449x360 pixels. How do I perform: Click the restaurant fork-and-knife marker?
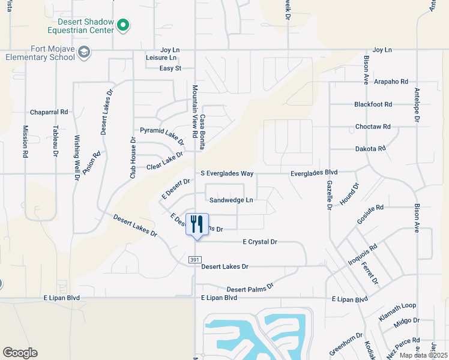pos(197,224)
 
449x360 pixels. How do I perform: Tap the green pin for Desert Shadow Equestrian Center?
pos(123,25)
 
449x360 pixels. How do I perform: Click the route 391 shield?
pos(194,259)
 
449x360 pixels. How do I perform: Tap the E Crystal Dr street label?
pos(259,242)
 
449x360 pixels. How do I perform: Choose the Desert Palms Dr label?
pos(250,288)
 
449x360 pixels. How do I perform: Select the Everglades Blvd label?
pos(314,172)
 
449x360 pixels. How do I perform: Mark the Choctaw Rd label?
pos(373,127)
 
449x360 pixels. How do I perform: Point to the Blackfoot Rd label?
pos(373,104)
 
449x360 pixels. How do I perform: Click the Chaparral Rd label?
pos(49,112)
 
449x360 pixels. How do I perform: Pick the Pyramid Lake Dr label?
pos(161,134)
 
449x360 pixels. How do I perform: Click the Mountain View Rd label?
pos(194,112)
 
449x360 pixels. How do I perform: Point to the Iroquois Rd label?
pos(362,255)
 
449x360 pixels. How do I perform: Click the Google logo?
pos(20,353)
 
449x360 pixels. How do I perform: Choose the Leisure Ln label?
pos(161,58)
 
